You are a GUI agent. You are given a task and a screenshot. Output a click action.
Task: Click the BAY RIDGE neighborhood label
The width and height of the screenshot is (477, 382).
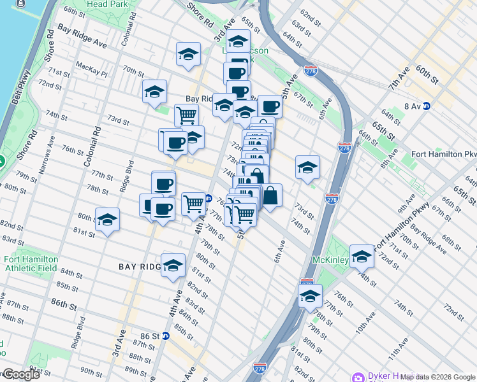pyautogui.click(x=140, y=267)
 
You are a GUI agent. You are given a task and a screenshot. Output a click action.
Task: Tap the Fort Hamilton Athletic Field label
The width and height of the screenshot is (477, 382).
pyautogui.click(x=31, y=264)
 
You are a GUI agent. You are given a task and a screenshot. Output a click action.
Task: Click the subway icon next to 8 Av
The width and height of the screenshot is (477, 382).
pyautogui.click(x=427, y=106)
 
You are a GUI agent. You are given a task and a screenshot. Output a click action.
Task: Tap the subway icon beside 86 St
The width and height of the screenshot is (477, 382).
pyautogui.click(x=165, y=336)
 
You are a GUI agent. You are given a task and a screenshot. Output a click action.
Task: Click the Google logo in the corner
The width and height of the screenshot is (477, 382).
pyautogui.click(x=20, y=374)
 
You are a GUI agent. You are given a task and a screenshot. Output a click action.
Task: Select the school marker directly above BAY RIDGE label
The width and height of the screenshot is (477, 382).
pyautogui.click(x=173, y=265)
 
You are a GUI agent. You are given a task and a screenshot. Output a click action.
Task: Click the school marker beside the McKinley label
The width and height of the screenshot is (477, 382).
pyautogui.click(x=362, y=256)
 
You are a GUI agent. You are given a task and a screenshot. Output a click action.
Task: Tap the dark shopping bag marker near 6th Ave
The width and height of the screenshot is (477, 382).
pyautogui.click(x=270, y=196)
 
